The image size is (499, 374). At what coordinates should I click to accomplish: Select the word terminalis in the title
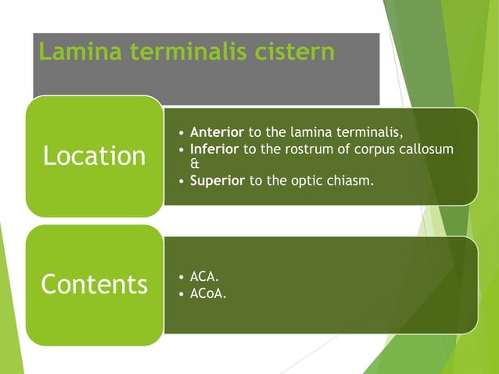click(x=185, y=52)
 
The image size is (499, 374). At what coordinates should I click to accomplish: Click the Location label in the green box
click(x=94, y=156)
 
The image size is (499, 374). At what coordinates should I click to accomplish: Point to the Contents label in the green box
click(x=94, y=284)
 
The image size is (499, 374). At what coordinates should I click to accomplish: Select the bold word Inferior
click(x=215, y=149)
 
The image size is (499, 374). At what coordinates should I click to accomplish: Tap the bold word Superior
click(x=217, y=182)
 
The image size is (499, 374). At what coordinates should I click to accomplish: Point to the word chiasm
click(x=354, y=182)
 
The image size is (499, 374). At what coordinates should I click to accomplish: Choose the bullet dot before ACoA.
click(x=182, y=295)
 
